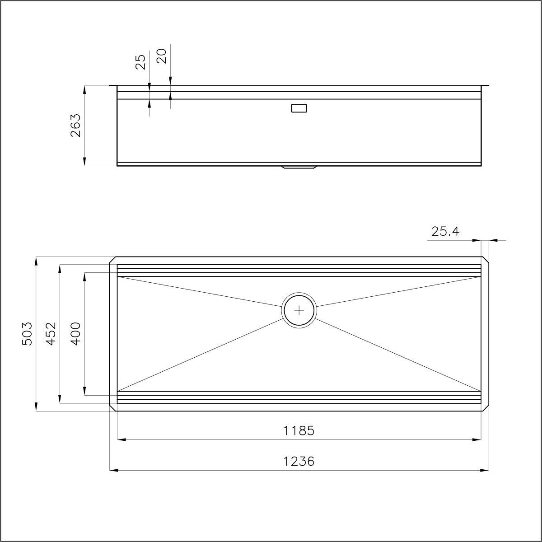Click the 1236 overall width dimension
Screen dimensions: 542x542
299,462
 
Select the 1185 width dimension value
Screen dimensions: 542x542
299,431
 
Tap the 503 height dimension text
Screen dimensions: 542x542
27,333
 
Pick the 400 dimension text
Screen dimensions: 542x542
75,333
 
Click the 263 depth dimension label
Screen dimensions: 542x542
75,125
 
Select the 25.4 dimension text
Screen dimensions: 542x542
445,232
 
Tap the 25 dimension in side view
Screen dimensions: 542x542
141,62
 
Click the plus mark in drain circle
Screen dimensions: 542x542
299,310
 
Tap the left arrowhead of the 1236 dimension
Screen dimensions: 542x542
113,470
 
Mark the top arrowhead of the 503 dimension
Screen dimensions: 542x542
36,260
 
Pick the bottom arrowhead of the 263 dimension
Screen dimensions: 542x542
84,163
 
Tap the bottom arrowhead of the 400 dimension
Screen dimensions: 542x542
84,392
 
